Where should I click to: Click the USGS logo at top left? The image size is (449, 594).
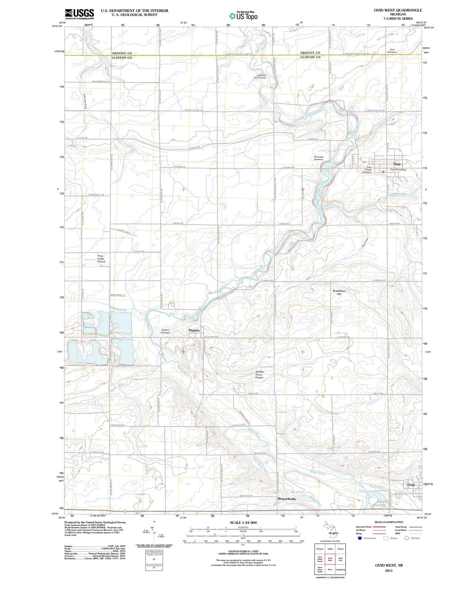[x=79, y=14]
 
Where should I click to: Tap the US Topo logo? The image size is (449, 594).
[x=243, y=16]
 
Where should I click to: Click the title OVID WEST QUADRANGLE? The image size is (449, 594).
[x=398, y=10]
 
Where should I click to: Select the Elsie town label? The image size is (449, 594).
[x=397, y=164]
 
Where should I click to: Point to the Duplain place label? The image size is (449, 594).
[x=194, y=330]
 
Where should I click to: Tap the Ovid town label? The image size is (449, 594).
[x=411, y=484]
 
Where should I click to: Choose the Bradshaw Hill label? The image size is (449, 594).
[x=339, y=292]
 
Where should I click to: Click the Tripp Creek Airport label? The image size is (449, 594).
[x=101, y=259]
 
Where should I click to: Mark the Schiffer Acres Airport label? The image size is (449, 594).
[x=259, y=374]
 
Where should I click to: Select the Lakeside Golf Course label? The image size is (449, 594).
[x=260, y=76]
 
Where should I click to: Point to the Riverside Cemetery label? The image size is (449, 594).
[x=319, y=158]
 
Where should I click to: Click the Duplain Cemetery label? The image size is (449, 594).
[x=165, y=331]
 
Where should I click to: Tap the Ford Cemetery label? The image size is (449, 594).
[x=392, y=51]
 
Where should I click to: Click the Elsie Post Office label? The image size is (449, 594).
[x=398, y=170]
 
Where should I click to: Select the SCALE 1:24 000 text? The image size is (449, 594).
[x=243, y=523]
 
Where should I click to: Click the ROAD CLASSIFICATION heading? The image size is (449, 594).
[x=389, y=522]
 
